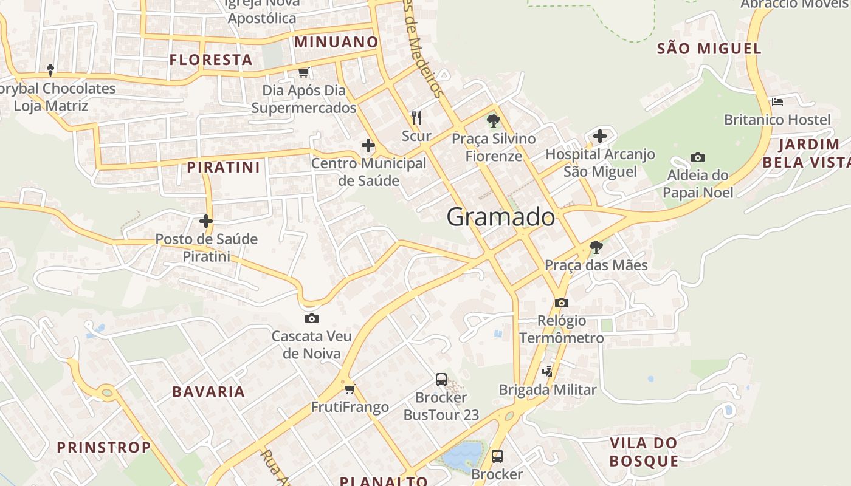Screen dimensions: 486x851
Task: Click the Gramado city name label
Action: tap(500, 217)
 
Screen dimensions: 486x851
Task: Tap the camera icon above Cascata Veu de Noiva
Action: tap(311, 318)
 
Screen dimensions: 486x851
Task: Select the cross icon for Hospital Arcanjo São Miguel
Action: tap(600, 136)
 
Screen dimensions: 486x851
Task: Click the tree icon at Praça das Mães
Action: tap(596, 247)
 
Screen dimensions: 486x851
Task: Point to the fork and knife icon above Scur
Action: tap(416, 117)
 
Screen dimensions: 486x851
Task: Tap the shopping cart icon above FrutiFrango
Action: tap(350, 389)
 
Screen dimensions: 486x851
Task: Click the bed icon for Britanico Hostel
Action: tap(777, 102)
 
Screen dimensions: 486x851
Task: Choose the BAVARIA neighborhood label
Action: tap(208, 392)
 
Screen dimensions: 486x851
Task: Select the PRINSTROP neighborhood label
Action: tap(104, 448)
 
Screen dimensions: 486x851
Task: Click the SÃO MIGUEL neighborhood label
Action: tap(709, 49)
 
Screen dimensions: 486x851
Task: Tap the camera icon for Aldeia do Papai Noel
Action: tap(698, 158)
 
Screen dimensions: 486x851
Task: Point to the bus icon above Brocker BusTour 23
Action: tap(441, 380)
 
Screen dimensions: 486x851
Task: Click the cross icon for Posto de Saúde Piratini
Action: tap(206, 221)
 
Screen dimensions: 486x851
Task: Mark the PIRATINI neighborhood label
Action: tap(223, 167)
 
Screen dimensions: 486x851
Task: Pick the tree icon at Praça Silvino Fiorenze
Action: tap(493, 120)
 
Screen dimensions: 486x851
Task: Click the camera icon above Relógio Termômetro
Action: tap(561, 303)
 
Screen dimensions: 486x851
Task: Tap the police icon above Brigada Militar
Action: tap(548, 371)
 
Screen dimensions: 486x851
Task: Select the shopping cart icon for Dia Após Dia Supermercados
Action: tap(303, 73)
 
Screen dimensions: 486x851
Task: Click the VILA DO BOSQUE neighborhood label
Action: tap(643, 451)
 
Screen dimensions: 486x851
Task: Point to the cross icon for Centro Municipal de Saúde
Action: tap(368, 145)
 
